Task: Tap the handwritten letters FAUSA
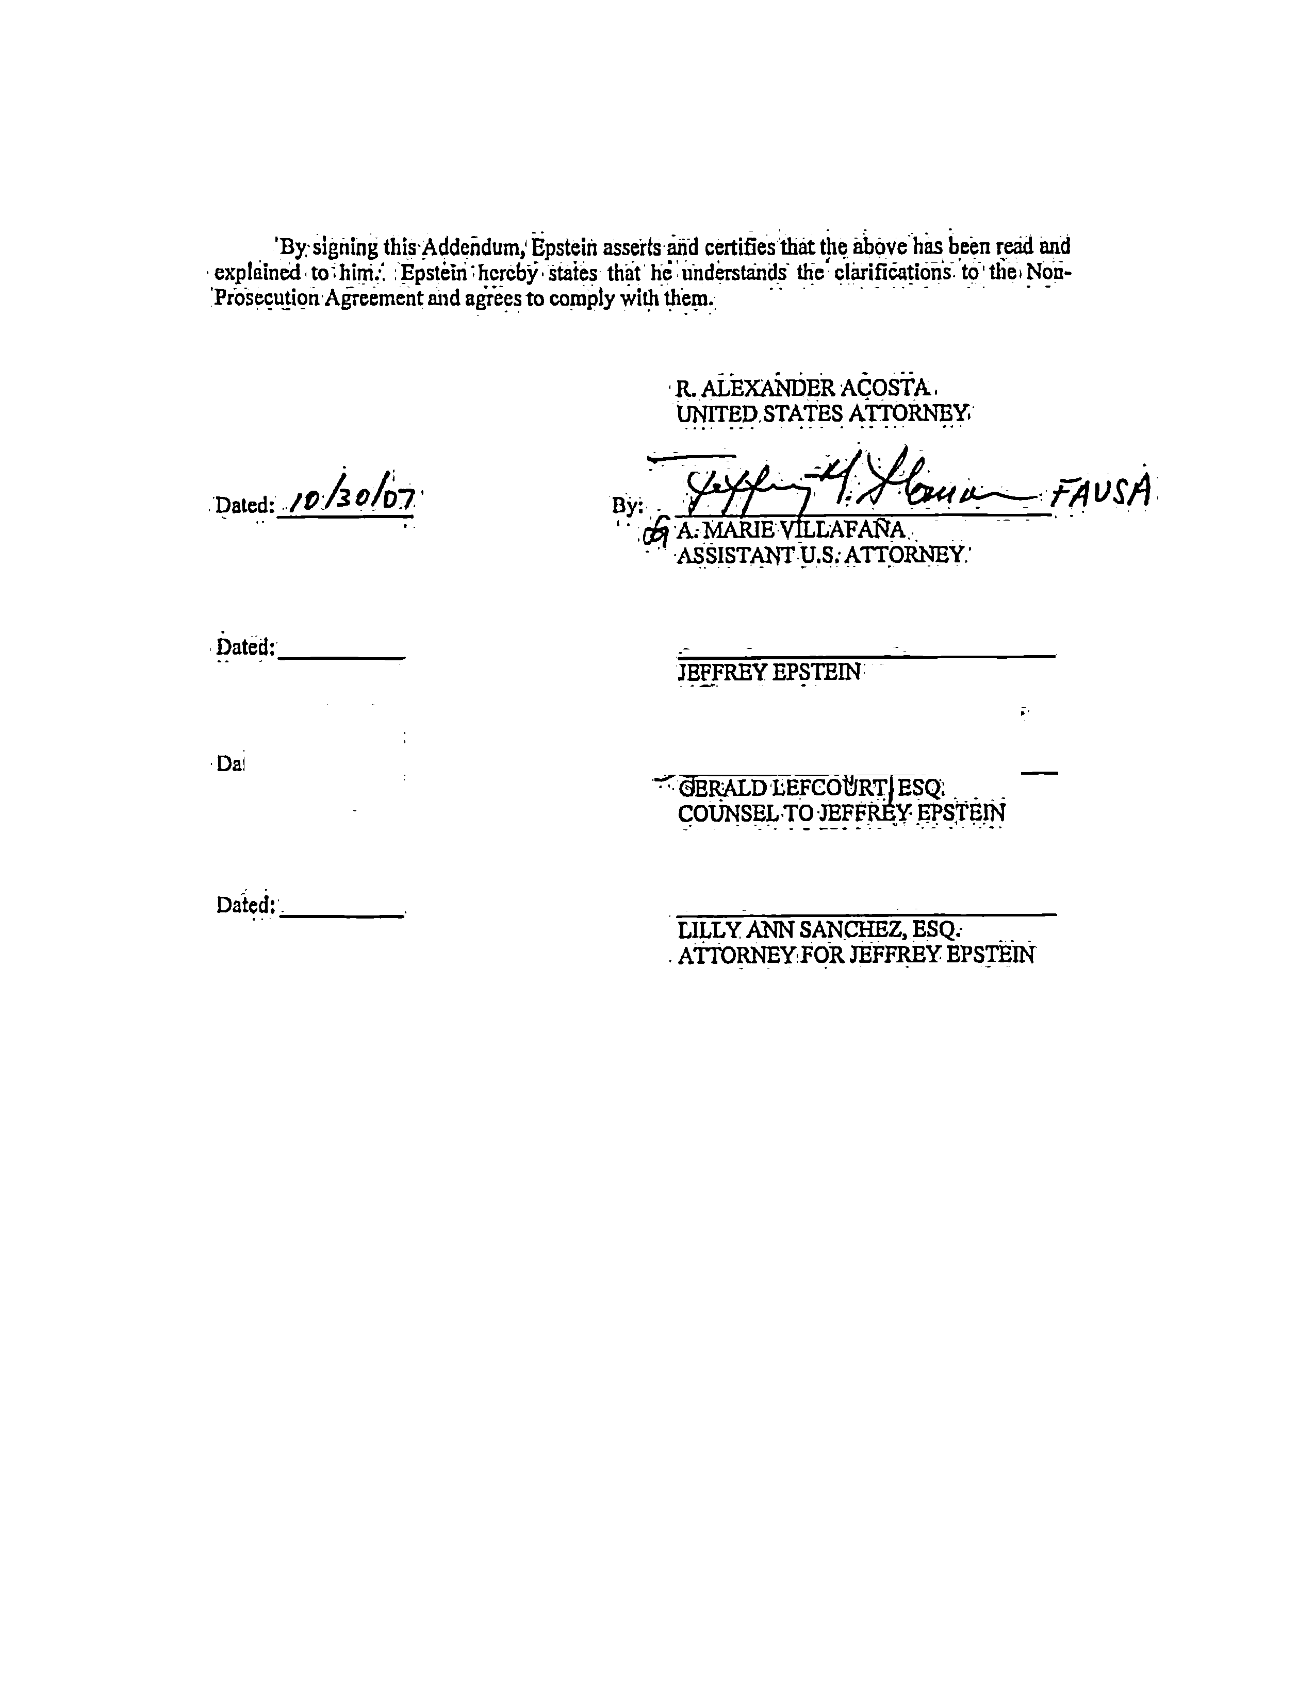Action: coord(1100,491)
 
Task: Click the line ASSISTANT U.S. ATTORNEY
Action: coord(822,555)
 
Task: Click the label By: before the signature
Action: coord(627,506)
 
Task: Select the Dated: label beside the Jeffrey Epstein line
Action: coord(245,647)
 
